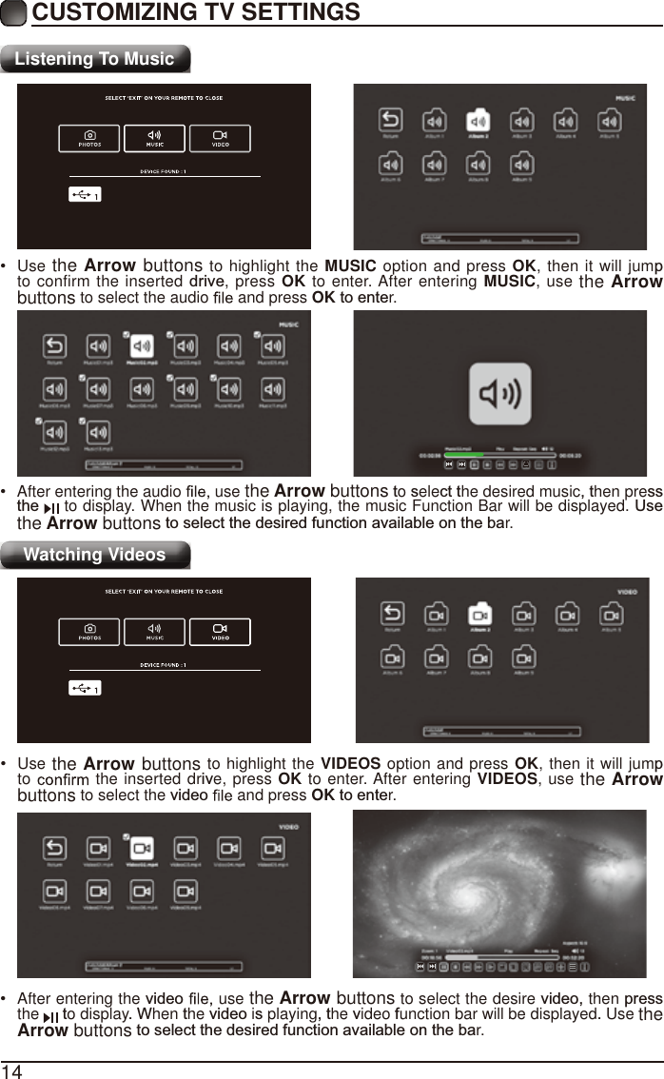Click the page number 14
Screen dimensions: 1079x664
(x=11, y=1070)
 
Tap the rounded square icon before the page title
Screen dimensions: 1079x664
(x=14, y=13)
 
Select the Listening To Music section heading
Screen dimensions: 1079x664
(x=95, y=59)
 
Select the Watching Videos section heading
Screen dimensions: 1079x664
(x=94, y=555)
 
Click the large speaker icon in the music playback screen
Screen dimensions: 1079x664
(x=499, y=398)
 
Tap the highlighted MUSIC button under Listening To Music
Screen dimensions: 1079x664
(x=154, y=139)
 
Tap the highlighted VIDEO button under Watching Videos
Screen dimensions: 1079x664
(x=220, y=633)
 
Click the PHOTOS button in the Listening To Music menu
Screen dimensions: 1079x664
(x=89, y=139)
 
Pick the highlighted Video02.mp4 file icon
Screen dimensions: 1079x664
(x=142, y=849)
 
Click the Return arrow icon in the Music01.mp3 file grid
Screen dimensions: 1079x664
(x=55, y=346)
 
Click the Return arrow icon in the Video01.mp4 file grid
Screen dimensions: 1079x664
(x=55, y=849)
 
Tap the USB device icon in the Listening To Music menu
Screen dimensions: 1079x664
(x=84, y=194)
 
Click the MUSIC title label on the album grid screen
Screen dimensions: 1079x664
(x=625, y=97)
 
